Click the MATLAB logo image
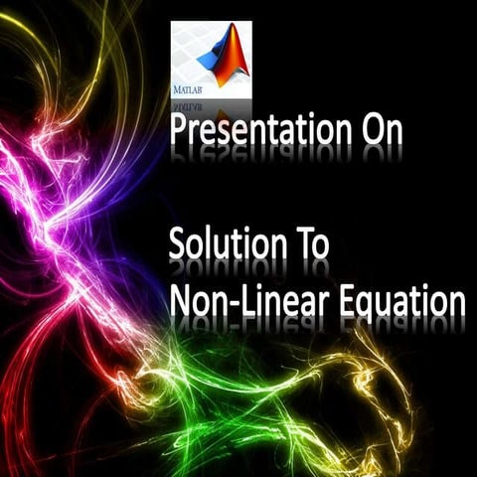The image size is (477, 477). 211,59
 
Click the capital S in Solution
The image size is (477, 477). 177,244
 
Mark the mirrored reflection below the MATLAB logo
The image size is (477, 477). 211,107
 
